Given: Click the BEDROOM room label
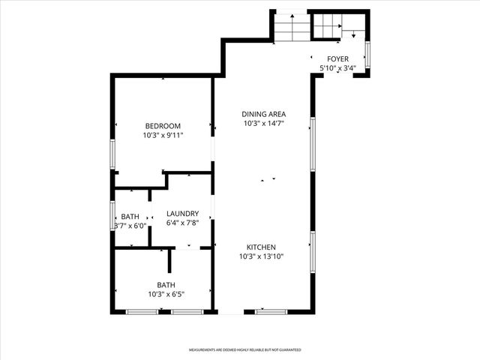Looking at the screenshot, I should [x=163, y=125].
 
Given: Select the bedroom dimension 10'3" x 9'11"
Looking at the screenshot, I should [x=163, y=135].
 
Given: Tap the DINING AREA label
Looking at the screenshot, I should [x=263, y=114].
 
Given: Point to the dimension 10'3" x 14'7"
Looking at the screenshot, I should [x=263, y=123].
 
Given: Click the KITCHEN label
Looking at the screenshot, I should [x=262, y=247].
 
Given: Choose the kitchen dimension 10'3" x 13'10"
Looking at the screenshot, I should [x=262, y=256].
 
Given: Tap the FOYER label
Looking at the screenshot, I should [x=337, y=58].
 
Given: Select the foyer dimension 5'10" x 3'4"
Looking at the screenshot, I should [x=337, y=68].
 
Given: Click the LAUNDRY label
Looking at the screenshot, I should [x=182, y=214].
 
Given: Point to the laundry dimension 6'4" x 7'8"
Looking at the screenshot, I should [x=182, y=223].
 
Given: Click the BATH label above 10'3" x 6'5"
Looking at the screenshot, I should [x=166, y=284].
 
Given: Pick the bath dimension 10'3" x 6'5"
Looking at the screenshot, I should [x=166, y=294].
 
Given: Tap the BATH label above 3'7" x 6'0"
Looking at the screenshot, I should [x=129, y=216].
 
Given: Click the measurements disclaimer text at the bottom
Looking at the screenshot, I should [x=244, y=349].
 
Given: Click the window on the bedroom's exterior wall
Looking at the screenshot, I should [x=112, y=154].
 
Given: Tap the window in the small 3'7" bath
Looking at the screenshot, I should [x=112, y=214].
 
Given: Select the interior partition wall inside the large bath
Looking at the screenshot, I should [x=170, y=262].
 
